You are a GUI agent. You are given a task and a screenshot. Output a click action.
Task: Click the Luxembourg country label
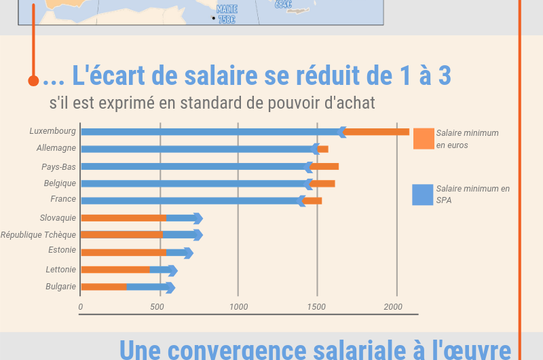52,130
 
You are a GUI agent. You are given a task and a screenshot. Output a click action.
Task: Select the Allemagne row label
56,147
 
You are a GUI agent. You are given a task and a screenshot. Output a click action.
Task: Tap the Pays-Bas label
58,166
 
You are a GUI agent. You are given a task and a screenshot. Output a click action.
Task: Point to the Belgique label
60,183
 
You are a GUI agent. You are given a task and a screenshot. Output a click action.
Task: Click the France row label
63,199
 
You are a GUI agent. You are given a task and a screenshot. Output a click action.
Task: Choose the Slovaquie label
58,218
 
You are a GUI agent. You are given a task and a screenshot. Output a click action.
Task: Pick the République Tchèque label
38,235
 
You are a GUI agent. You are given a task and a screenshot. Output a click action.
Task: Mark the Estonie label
62,250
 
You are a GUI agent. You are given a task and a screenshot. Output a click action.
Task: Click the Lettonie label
61,270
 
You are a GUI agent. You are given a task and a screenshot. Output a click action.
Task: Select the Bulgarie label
60,287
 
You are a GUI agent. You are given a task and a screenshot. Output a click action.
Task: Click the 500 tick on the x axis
157,307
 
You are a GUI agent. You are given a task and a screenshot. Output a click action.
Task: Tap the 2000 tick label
393,307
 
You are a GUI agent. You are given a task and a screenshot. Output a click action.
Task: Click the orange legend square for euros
423,139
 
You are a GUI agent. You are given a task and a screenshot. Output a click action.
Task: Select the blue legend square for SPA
423,195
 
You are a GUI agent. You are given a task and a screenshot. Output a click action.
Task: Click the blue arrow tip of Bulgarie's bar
171,287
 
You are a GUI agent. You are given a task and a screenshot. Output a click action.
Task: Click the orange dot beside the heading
33,81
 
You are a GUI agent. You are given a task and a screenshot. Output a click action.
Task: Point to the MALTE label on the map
227,9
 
